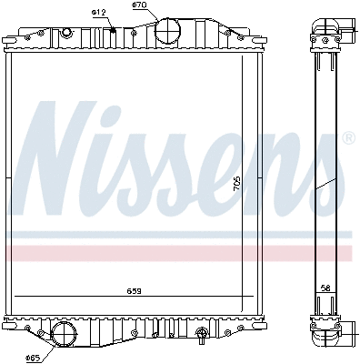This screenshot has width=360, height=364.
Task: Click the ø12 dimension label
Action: coord(99,11)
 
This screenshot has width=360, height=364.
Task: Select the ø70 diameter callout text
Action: coord(139,5)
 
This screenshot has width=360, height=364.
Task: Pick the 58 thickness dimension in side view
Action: coord(326,288)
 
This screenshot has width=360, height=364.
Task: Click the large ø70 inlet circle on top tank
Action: coord(169,31)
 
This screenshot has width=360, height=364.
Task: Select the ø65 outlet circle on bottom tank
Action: coord(64,334)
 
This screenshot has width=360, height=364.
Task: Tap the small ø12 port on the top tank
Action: coord(113,32)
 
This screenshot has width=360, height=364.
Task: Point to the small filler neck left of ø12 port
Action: coord(65,33)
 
